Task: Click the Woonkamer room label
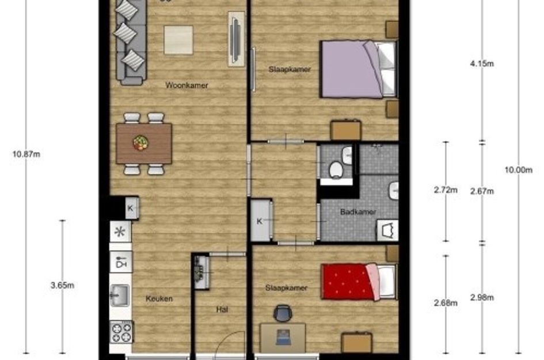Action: [x=187, y=85]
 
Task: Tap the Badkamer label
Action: [x=358, y=212]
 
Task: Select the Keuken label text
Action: [x=159, y=298]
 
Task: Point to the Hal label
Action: [x=222, y=309]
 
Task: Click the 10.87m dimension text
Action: [x=26, y=154]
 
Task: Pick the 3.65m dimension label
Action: [x=62, y=285]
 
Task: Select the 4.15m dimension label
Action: [x=482, y=63]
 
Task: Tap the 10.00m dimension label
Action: [x=518, y=170]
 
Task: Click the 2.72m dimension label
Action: [x=446, y=190]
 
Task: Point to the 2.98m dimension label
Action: [x=482, y=298]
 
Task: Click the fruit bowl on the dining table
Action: [x=140, y=143]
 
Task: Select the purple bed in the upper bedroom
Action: [x=359, y=69]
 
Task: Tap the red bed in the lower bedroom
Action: [x=359, y=282]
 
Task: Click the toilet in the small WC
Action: [x=336, y=170]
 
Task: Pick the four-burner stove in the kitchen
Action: [x=121, y=332]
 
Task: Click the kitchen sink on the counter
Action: [x=120, y=295]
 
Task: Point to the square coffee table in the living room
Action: [x=178, y=40]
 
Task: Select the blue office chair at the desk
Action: [x=283, y=313]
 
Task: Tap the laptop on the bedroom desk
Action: [x=283, y=338]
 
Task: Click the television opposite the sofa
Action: [x=236, y=39]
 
